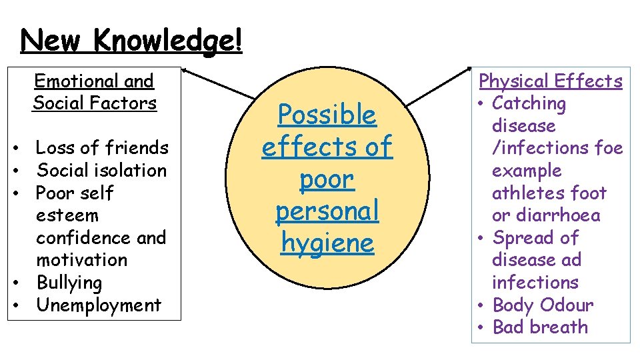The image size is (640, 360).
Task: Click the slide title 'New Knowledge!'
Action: tap(131, 41)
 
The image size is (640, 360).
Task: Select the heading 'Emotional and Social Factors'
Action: tap(94, 92)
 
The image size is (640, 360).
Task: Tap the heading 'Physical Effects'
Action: tap(551, 81)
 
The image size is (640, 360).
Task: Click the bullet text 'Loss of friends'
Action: tap(102, 147)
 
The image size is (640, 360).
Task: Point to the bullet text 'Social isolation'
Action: tap(101, 170)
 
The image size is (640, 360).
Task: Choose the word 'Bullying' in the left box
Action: tap(69, 283)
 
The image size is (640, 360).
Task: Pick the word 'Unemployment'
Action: tap(99, 305)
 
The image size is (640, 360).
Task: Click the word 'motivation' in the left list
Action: tap(81, 260)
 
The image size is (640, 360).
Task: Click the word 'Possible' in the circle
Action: tap(327, 115)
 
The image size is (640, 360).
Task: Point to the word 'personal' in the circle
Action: tap(327, 211)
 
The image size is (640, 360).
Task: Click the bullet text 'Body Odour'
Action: tap(542, 305)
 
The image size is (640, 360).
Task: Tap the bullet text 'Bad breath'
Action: tap(540, 327)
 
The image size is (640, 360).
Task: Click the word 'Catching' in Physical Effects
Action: tap(529, 103)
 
